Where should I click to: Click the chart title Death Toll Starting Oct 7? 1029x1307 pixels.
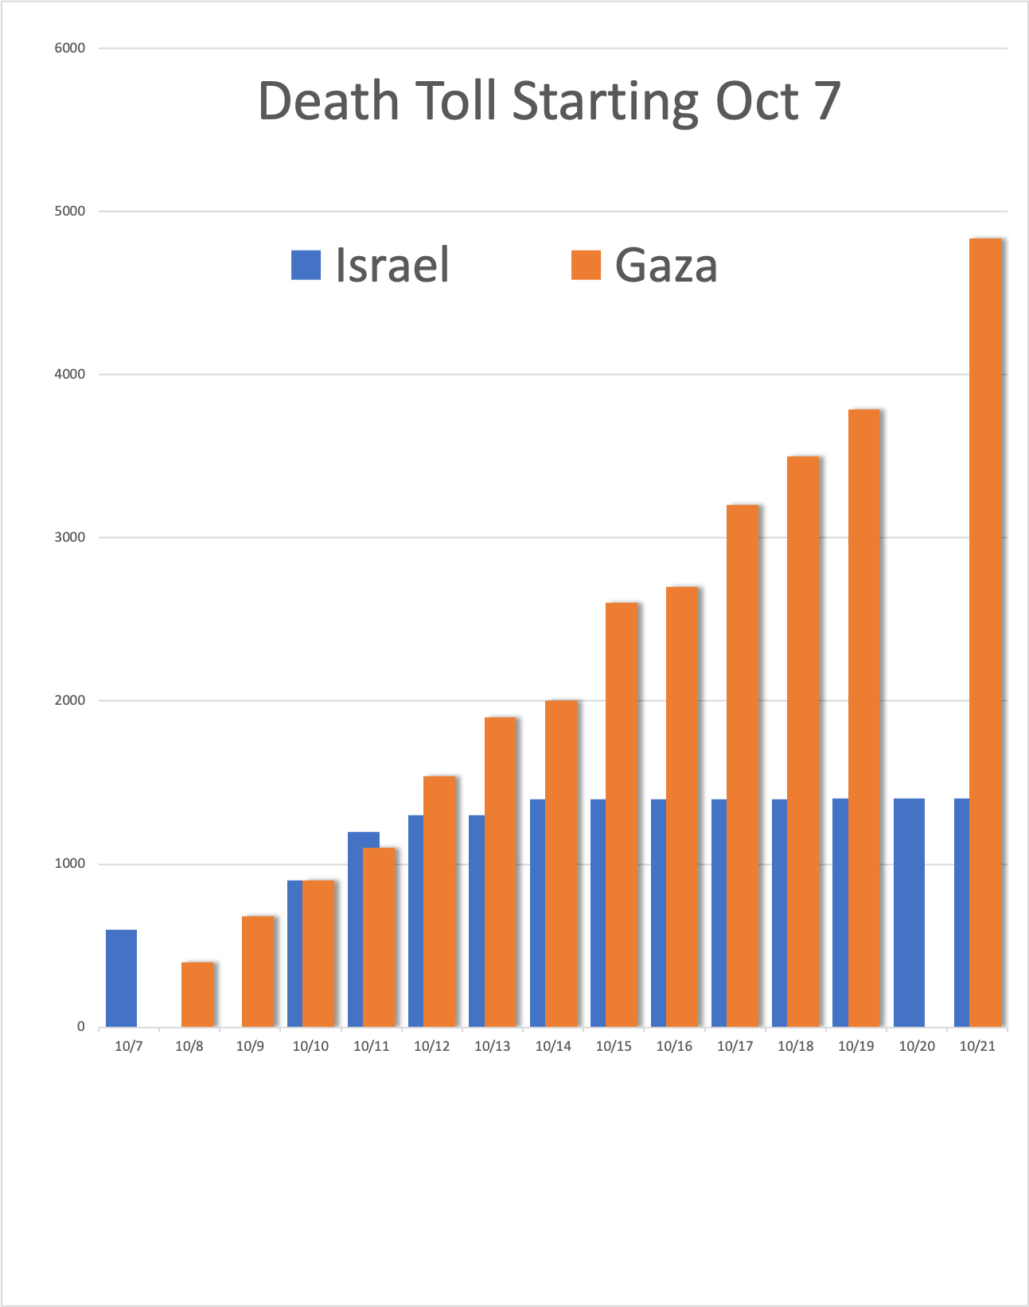(x=549, y=101)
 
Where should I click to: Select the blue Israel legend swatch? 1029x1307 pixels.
(x=306, y=265)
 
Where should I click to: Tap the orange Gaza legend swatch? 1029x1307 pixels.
(x=586, y=265)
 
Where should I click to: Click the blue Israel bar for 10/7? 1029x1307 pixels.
(x=121, y=978)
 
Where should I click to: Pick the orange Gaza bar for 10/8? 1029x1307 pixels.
(x=197, y=994)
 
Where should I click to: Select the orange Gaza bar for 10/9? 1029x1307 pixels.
(x=258, y=971)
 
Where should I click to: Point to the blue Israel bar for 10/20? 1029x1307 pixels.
(x=909, y=912)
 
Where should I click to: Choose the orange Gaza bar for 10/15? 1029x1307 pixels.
(x=622, y=815)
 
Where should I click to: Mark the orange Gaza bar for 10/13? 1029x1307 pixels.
(x=501, y=872)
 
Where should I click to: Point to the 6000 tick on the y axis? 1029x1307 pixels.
(x=69, y=48)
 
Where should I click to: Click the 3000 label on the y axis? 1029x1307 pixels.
(x=69, y=538)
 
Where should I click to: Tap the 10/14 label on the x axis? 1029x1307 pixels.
(x=553, y=1046)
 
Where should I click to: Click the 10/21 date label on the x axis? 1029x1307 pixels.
(x=977, y=1046)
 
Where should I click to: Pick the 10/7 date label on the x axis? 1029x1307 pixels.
(x=129, y=1046)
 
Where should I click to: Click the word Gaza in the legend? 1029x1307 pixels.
(x=666, y=265)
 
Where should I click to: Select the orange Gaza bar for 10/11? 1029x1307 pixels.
(x=379, y=937)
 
